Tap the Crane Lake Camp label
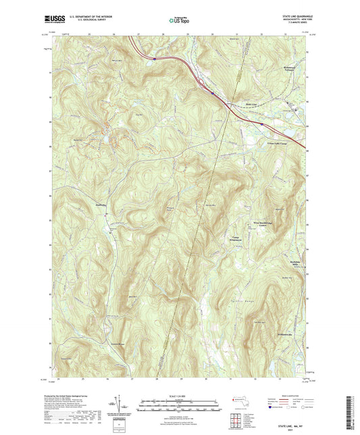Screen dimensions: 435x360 269,135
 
